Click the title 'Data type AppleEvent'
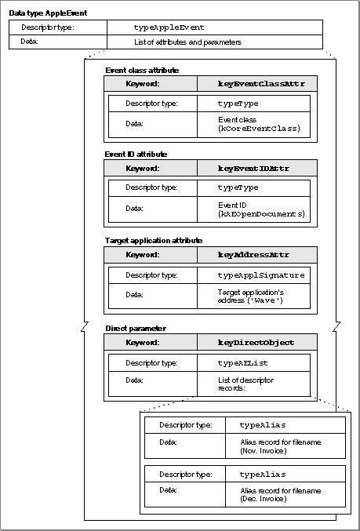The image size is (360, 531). tap(48, 13)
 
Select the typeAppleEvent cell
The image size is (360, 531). tap(215, 27)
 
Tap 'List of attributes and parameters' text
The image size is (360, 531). tap(187, 42)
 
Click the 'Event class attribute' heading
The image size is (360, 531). tap(142, 71)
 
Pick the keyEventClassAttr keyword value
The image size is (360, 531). tap(261, 84)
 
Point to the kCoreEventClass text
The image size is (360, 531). tap(260, 129)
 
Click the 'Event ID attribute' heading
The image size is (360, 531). tap(136, 154)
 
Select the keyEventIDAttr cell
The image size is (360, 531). tap(256, 168)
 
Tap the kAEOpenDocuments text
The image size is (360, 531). tap(261, 214)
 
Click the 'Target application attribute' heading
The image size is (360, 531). tap(154, 241)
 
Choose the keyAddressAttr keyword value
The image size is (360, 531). tap(253, 255)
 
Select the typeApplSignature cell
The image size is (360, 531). tap(253, 275)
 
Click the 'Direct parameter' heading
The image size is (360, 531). tap(136, 329)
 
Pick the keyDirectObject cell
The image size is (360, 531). tap(256, 342)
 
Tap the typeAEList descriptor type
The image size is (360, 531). tap(243, 363)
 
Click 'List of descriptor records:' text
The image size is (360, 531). tap(245, 384)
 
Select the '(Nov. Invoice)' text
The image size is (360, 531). tap(264, 451)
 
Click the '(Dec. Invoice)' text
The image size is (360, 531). tap(264, 499)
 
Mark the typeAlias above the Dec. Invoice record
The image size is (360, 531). tap(263, 474)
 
